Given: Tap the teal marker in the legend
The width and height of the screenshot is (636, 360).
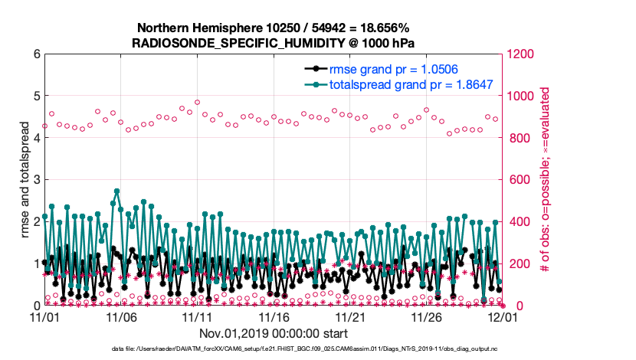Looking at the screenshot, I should click(x=313, y=84).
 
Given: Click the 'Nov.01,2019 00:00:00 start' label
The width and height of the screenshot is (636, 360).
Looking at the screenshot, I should click(x=274, y=333).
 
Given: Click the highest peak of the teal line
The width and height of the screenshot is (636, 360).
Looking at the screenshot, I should click(x=116, y=191).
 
